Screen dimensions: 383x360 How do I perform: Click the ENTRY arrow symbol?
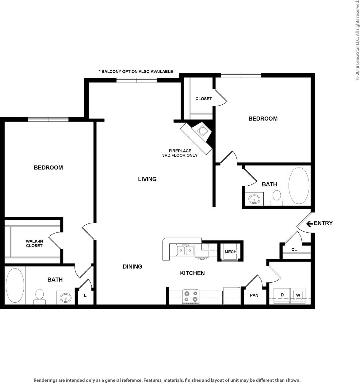(x=309, y=223)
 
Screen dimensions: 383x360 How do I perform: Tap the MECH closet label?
(x=230, y=252)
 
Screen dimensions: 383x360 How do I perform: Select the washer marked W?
(x=298, y=296)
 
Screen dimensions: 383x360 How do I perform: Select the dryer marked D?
(x=282, y=295)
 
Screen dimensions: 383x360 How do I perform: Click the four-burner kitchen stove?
(x=190, y=296)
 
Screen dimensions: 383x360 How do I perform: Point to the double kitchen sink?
(x=185, y=250)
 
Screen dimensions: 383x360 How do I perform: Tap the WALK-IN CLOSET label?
(x=34, y=243)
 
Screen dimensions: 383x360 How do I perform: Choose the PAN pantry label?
(x=254, y=295)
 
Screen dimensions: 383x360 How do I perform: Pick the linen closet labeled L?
(x=85, y=296)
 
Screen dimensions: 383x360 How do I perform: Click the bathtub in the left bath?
(x=15, y=285)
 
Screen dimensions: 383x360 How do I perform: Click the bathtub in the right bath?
(x=299, y=186)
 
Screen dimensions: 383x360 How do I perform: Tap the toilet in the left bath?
(x=39, y=296)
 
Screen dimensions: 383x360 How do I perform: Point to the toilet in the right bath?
(x=277, y=197)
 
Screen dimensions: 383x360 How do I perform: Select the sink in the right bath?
(x=254, y=199)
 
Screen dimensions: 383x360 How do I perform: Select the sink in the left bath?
(x=65, y=298)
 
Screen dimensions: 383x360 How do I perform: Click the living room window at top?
(x=137, y=80)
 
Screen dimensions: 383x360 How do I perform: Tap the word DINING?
(x=132, y=267)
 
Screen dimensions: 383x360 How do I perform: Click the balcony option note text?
(x=136, y=72)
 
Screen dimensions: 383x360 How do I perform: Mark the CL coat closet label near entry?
(x=294, y=250)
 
